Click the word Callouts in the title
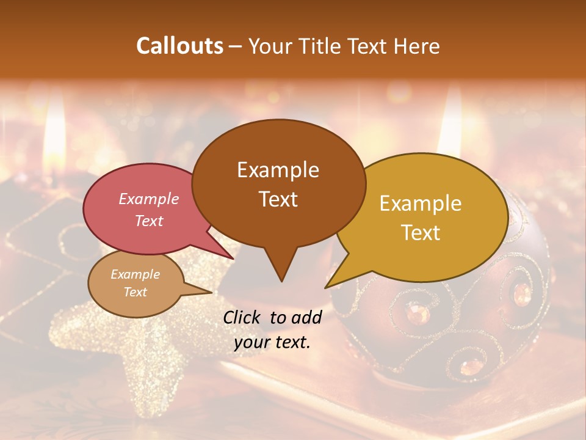point(179,46)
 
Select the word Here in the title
point(416,46)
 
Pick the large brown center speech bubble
point(278,183)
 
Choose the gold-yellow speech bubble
point(427,217)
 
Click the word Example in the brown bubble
point(278,170)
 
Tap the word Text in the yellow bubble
point(421,233)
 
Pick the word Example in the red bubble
point(149,199)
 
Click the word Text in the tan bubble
point(136,292)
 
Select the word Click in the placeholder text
point(243,317)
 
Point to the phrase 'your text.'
point(272,343)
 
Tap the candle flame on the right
point(451,122)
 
